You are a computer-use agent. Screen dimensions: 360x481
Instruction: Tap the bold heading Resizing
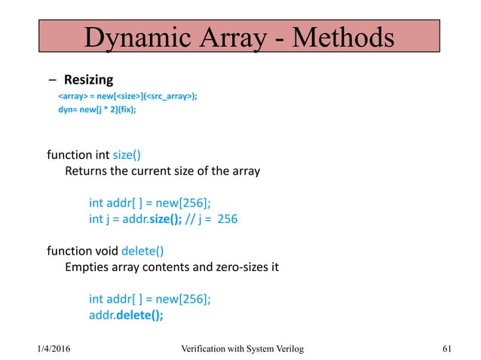pos(88,79)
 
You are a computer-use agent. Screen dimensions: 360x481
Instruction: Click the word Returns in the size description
pos(86,171)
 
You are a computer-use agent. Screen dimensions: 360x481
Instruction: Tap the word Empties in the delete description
pos(87,266)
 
